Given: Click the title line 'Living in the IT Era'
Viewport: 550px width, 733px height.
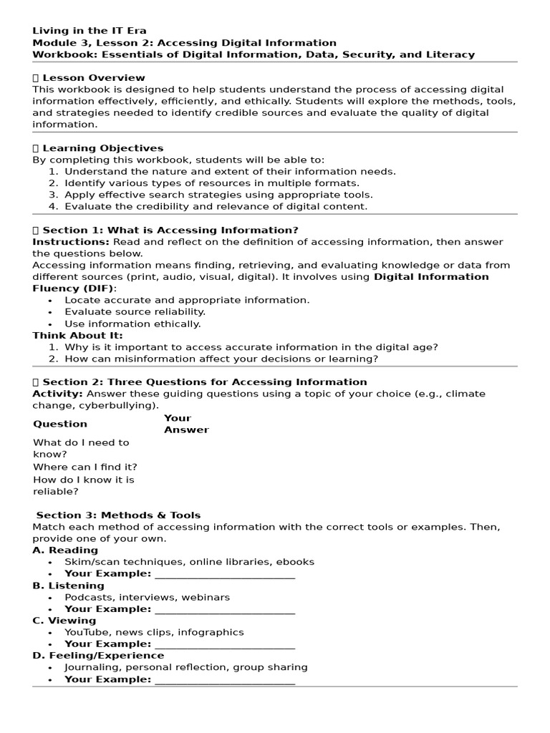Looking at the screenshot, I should pos(90,31).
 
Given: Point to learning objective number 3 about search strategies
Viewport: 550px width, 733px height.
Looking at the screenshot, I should pos(218,195).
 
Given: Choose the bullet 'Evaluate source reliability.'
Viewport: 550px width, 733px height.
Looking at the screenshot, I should pos(135,312).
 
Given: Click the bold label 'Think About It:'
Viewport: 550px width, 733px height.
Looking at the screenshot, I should pos(77,335).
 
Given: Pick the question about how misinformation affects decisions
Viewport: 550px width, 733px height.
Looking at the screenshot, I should pos(221,359).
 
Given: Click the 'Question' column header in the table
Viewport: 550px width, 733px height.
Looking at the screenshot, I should pos(60,424).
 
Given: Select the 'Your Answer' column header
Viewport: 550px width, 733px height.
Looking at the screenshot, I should pos(186,424).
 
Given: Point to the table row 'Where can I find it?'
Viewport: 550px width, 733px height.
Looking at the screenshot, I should pos(85,467).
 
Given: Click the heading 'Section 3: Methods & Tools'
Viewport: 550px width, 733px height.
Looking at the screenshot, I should pos(118,515).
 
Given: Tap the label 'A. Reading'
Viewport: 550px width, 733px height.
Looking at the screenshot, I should pos(65,550).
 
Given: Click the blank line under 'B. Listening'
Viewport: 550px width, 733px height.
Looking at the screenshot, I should pos(224,610).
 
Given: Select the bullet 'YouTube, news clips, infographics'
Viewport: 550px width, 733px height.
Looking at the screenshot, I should pos(154,632).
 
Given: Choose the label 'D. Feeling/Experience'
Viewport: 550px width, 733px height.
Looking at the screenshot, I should pos(98,655).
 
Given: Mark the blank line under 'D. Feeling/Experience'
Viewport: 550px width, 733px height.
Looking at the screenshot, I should pos(224,680).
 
